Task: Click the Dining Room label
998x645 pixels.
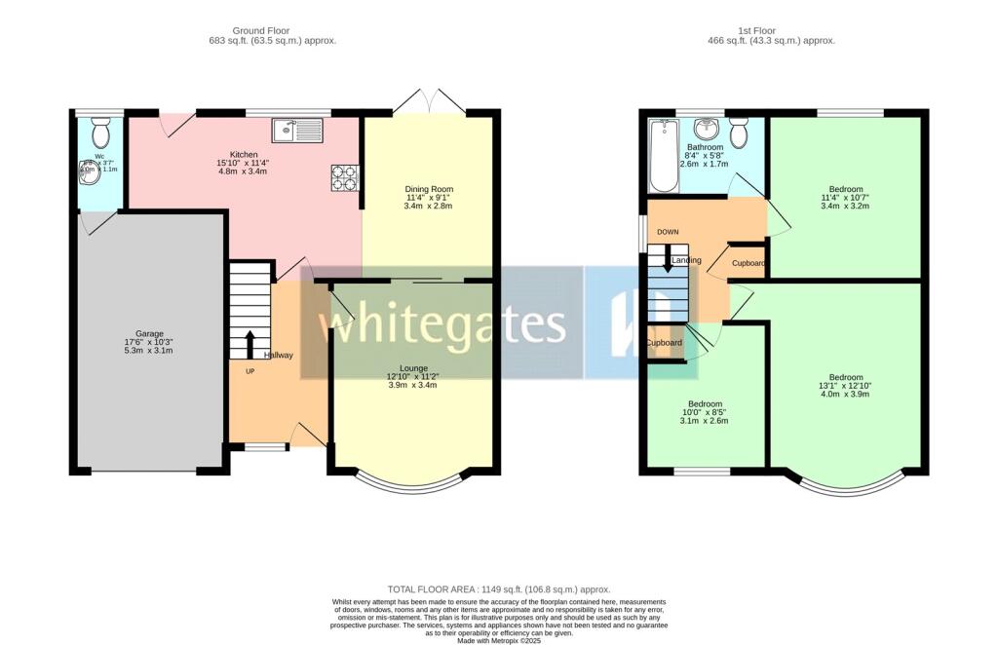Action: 429,189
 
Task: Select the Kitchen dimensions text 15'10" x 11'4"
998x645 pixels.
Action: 244,164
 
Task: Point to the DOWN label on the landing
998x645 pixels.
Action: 668,232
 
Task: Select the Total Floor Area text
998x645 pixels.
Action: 498,589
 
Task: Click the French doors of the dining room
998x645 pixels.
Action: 429,101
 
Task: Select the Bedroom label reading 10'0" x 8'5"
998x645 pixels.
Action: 705,404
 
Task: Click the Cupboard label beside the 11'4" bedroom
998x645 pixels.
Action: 748,263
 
